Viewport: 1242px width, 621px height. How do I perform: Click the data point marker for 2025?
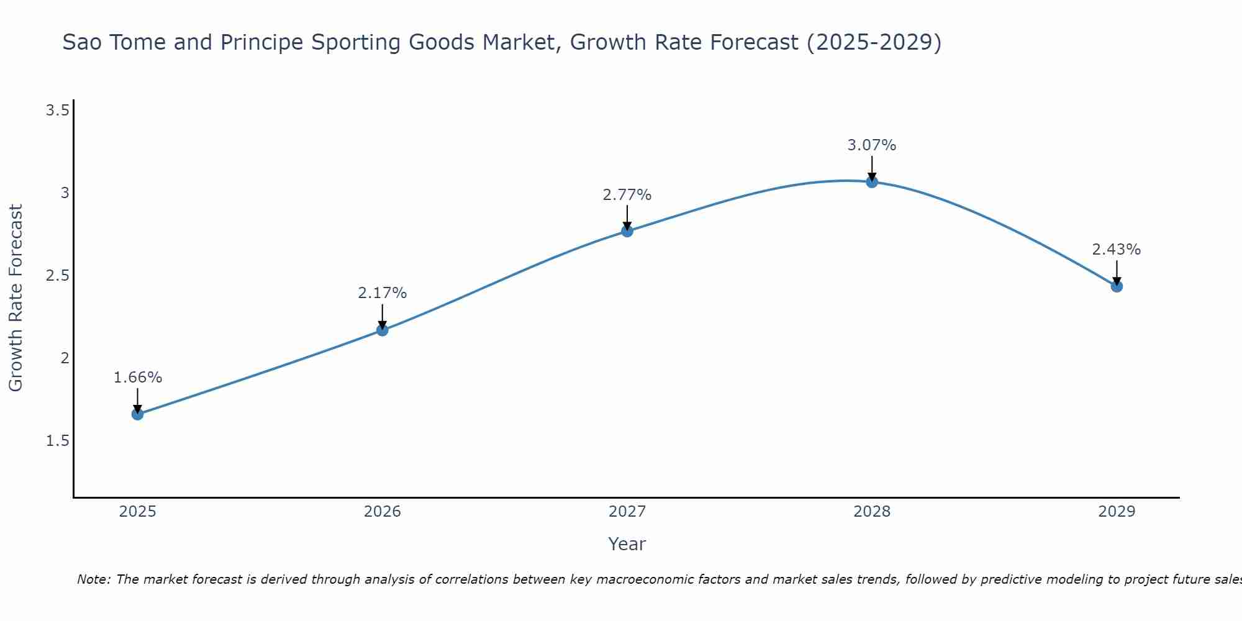tap(138, 414)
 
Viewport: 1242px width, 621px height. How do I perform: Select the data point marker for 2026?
tap(383, 330)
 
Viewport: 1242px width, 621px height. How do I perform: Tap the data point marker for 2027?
tap(627, 231)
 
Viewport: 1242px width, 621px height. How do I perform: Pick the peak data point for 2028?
tap(872, 182)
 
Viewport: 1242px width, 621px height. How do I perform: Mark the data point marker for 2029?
tap(1117, 286)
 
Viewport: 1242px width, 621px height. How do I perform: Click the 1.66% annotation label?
tap(138, 378)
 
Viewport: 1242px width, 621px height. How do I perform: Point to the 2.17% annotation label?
tap(383, 293)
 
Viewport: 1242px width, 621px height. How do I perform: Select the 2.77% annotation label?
tap(627, 195)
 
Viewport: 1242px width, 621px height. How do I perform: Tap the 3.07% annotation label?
tap(872, 145)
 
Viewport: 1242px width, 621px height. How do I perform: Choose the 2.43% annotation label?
tap(1117, 250)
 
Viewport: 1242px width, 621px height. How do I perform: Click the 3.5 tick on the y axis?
tap(57, 111)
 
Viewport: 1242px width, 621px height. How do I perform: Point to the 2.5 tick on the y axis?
tap(57, 276)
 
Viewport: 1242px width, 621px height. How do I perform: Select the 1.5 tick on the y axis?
tap(57, 441)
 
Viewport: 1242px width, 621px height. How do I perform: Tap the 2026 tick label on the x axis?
tap(383, 512)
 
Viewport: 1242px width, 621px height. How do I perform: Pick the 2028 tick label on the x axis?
tap(872, 512)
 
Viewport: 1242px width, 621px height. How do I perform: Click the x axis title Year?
tap(627, 544)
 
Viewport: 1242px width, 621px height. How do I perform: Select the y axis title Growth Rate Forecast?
tap(16, 298)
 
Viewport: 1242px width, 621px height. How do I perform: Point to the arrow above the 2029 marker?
tap(1117, 272)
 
